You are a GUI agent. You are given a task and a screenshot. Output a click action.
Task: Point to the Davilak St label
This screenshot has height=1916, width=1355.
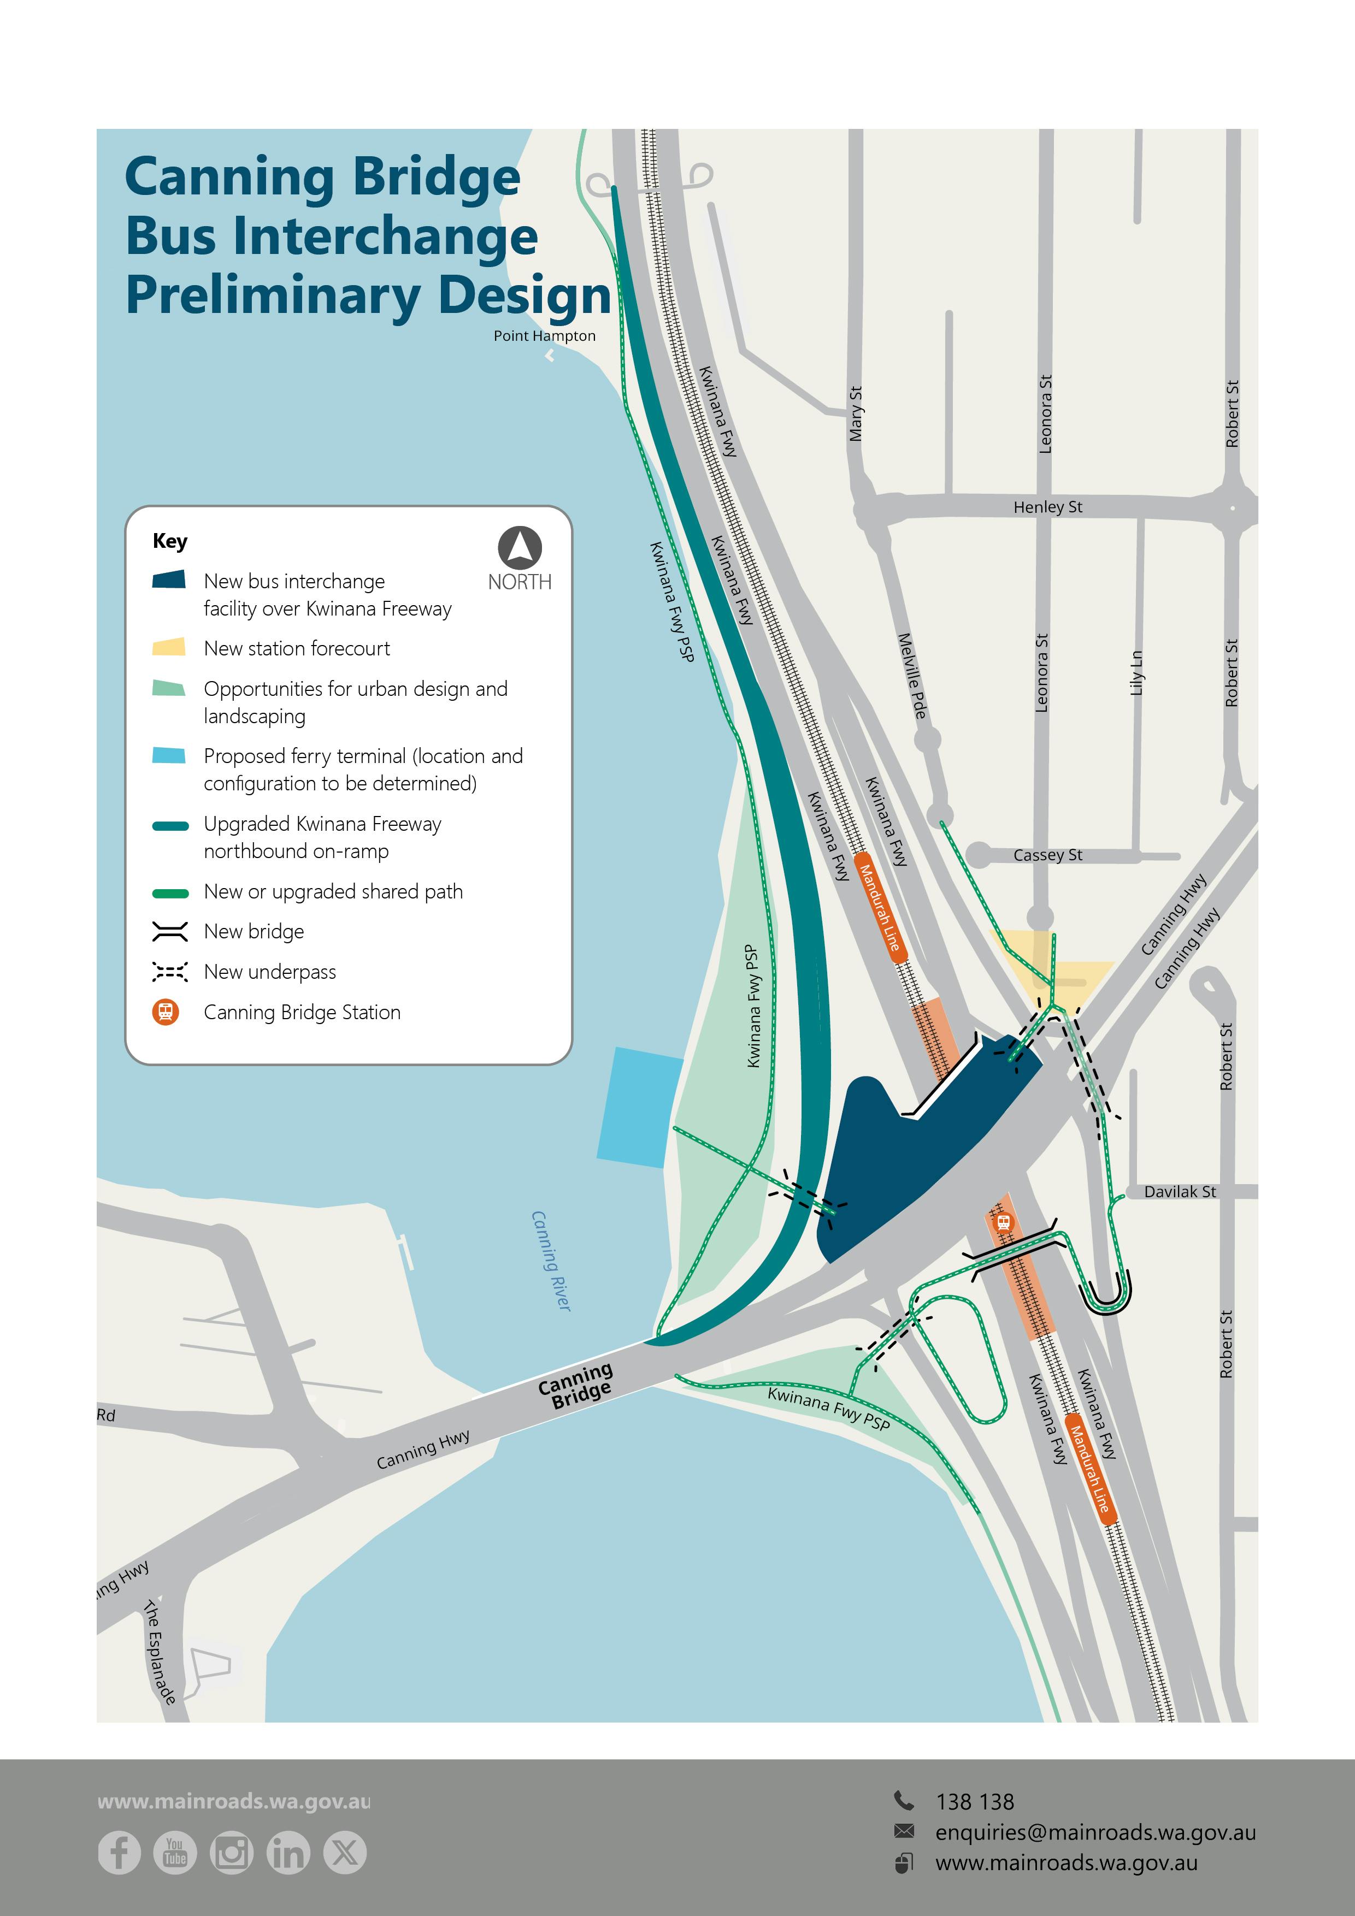[x=1179, y=1192]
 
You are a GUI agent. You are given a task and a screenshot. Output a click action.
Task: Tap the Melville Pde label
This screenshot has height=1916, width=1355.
[x=912, y=676]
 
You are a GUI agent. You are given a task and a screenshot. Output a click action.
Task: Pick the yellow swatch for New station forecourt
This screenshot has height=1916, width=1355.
[x=169, y=648]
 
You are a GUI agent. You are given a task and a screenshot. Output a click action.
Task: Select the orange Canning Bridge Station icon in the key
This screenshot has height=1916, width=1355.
[x=166, y=1012]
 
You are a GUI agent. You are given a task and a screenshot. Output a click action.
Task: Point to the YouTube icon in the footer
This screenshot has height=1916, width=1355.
[x=175, y=1853]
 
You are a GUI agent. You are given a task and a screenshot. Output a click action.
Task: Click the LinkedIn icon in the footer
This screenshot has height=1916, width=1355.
[x=288, y=1853]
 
